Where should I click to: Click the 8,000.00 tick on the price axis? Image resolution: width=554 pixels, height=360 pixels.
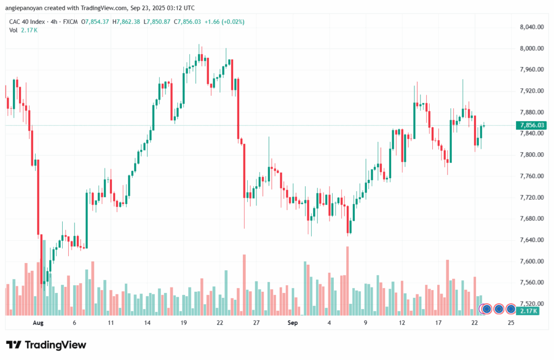click(531, 49)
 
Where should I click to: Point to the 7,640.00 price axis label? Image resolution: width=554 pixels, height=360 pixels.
click(531, 240)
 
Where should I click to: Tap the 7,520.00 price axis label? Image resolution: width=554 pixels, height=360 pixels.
click(531, 304)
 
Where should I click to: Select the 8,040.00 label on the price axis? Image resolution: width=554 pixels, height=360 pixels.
click(531, 27)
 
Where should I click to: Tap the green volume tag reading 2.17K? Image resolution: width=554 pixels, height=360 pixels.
click(527, 311)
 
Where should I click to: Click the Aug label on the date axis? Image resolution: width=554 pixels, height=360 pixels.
click(37, 323)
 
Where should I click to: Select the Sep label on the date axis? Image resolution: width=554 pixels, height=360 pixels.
click(293, 323)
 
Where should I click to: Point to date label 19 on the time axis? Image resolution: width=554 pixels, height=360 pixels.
click(183, 323)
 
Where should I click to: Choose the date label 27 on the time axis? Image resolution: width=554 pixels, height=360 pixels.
click(256, 323)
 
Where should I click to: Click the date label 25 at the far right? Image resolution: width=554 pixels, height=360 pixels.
click(511, 323)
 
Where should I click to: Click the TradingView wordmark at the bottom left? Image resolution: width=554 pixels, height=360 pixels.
click(46, 345)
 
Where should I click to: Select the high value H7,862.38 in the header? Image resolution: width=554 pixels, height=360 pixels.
click(126, 22)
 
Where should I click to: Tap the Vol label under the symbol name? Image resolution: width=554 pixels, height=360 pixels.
click(13, 30)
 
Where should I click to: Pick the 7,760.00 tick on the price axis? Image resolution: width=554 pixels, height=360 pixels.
click(531, 176)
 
